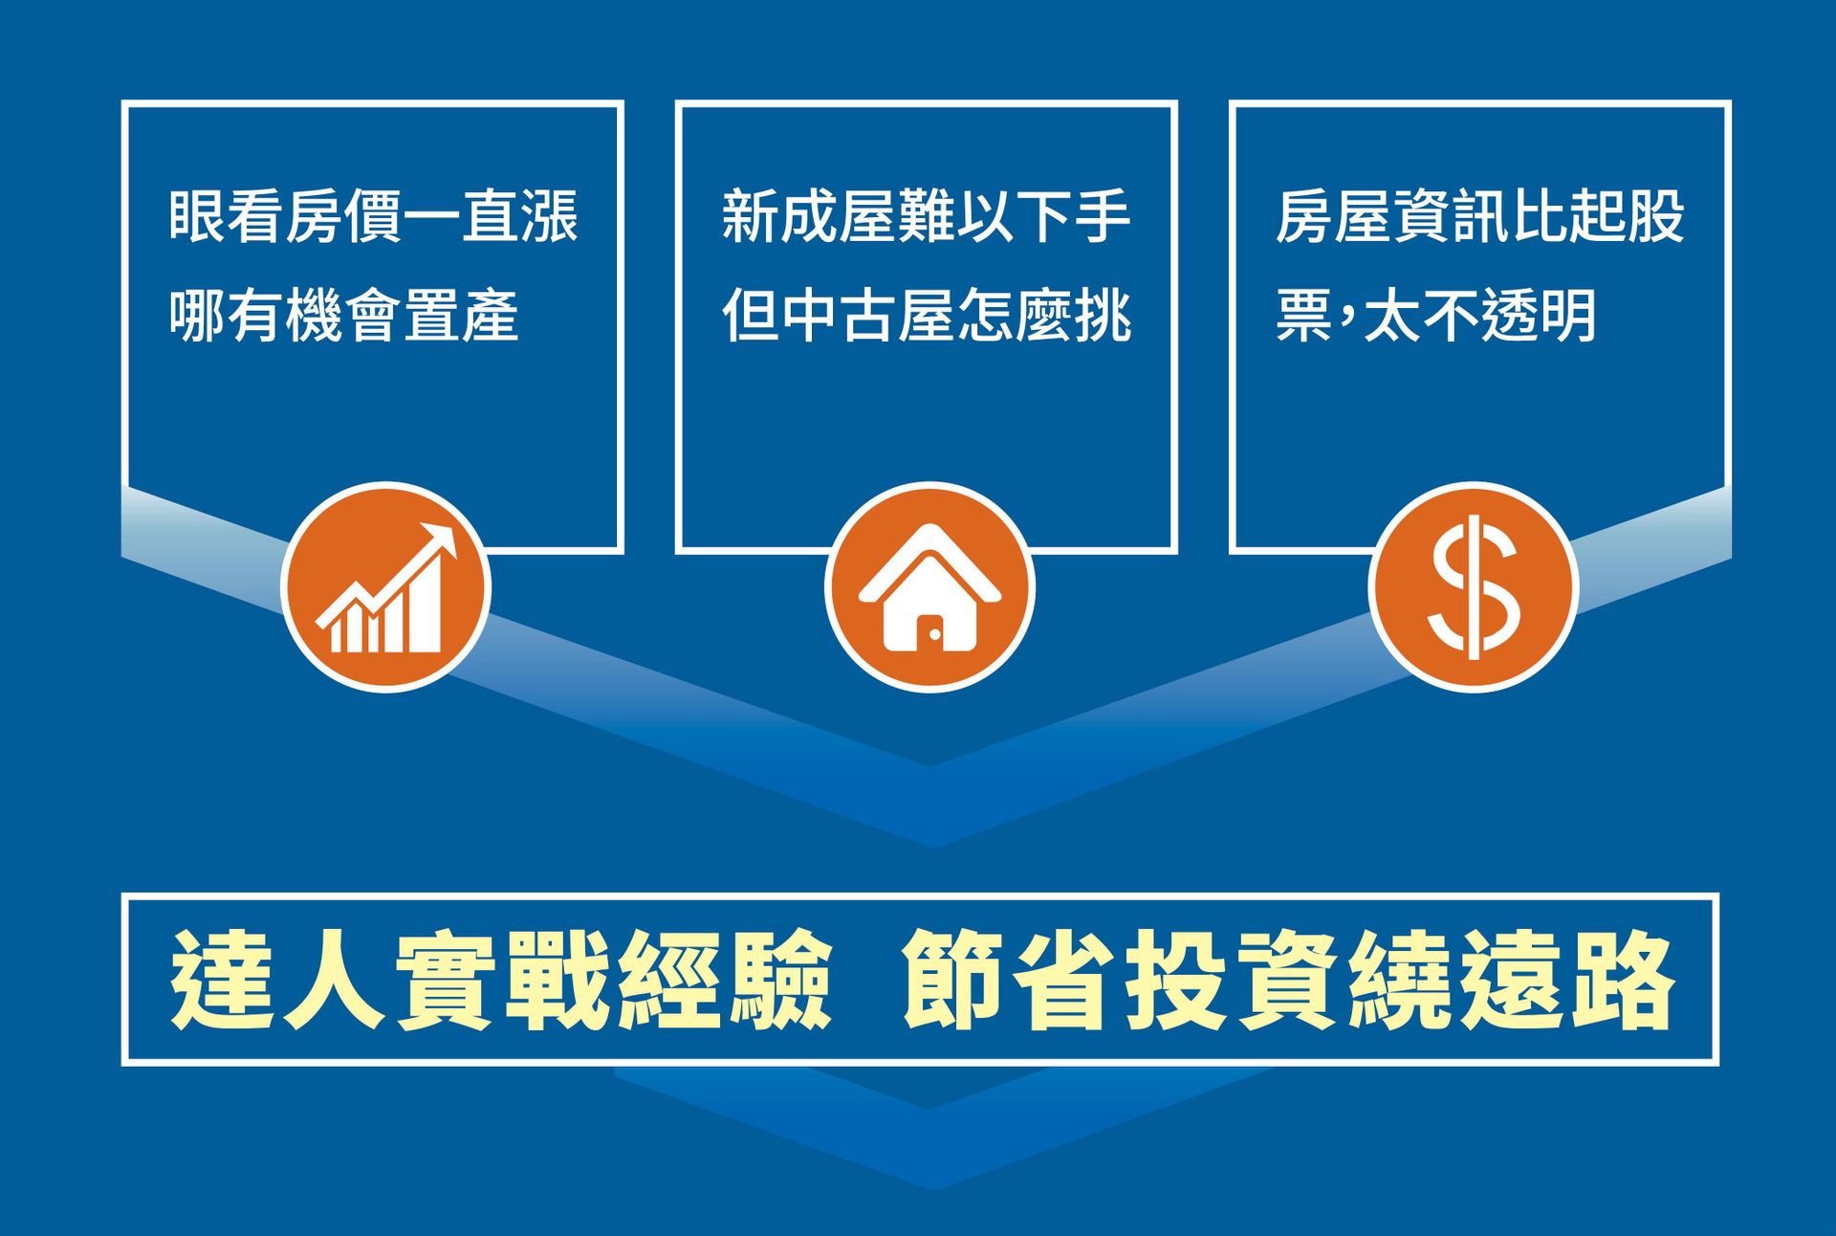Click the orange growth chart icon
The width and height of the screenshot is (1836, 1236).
(385, 586)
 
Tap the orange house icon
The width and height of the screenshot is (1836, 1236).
(929, 586)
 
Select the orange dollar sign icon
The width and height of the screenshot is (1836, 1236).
(1473, 586)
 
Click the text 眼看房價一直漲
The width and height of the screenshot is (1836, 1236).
(374, 216)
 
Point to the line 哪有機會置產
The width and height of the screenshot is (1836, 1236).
(344, 315)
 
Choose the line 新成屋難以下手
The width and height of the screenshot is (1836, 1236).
(927, 216)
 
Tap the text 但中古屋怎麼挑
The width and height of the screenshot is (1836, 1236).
(927, 315)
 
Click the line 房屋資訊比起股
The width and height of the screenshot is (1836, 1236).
(1479, 216)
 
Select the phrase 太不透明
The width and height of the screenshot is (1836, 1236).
(1480, 315)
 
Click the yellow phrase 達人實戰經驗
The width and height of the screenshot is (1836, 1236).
(500, 980)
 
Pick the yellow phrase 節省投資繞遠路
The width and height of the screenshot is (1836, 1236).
(1289, 980)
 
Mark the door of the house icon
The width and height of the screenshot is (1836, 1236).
(929, 632)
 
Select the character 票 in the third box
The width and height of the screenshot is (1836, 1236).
(1303, 315)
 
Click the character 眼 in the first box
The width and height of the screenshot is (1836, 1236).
(197, 216)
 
